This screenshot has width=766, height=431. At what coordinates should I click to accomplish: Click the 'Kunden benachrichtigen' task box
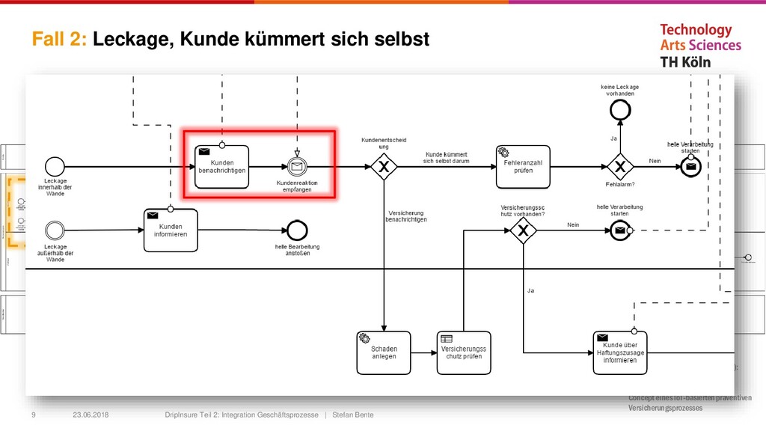(221, 165)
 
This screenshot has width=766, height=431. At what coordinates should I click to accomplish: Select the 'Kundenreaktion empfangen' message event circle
(297, 166)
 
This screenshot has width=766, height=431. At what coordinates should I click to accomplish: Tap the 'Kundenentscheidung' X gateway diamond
(383, 166)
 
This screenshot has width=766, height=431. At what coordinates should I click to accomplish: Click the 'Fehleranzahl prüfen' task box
(523, 166)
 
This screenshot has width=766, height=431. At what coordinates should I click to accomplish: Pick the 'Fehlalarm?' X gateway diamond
(619, 166)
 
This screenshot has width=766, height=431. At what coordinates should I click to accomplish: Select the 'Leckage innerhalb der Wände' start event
(55, 165)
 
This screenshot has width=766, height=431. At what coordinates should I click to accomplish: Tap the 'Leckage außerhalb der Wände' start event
(55, 229)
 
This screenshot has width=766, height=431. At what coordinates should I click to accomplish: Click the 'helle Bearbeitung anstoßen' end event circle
(297, 230)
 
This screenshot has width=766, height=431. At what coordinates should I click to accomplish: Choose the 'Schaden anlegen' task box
(383, 351)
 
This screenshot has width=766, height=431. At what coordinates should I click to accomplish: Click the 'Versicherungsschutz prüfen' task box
(464, 351)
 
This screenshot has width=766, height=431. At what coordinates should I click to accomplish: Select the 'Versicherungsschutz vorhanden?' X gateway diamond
(523, 231)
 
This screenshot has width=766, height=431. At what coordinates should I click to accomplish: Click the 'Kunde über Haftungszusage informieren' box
(619, 351)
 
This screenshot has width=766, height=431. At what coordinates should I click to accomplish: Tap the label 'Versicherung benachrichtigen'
(406, 215)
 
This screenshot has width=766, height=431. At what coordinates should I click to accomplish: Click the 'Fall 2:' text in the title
(60, 40)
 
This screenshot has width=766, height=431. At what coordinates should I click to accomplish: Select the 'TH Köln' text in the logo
(685, 62)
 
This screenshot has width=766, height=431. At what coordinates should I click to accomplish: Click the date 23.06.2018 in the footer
(90, 415)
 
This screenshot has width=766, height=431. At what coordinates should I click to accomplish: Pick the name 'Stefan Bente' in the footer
(352, 415)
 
